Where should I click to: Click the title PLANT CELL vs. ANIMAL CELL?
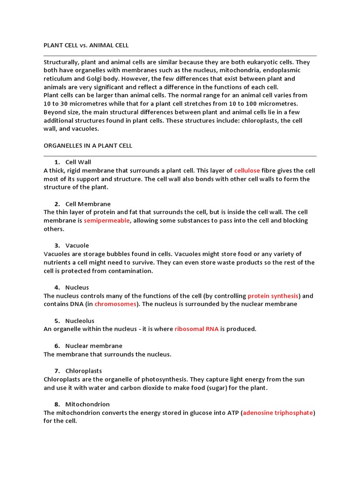[86, 45]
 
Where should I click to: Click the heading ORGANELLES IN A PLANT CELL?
[88, 146]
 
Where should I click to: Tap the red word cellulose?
[247, 171]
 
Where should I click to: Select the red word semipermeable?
[107, 221]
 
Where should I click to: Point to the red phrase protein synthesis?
[273, 296]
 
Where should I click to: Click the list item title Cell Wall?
[78, 162]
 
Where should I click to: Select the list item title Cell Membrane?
[88, 204]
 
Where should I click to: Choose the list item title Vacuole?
[77, 246]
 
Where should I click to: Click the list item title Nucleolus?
[80, 321]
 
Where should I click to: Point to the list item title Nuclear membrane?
[94, 346]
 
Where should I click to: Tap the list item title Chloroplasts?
[83, 371]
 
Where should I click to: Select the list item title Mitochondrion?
[87, 405]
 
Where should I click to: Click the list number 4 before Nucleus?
[57, 287]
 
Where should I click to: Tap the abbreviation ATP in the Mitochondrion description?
[232, 413]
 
